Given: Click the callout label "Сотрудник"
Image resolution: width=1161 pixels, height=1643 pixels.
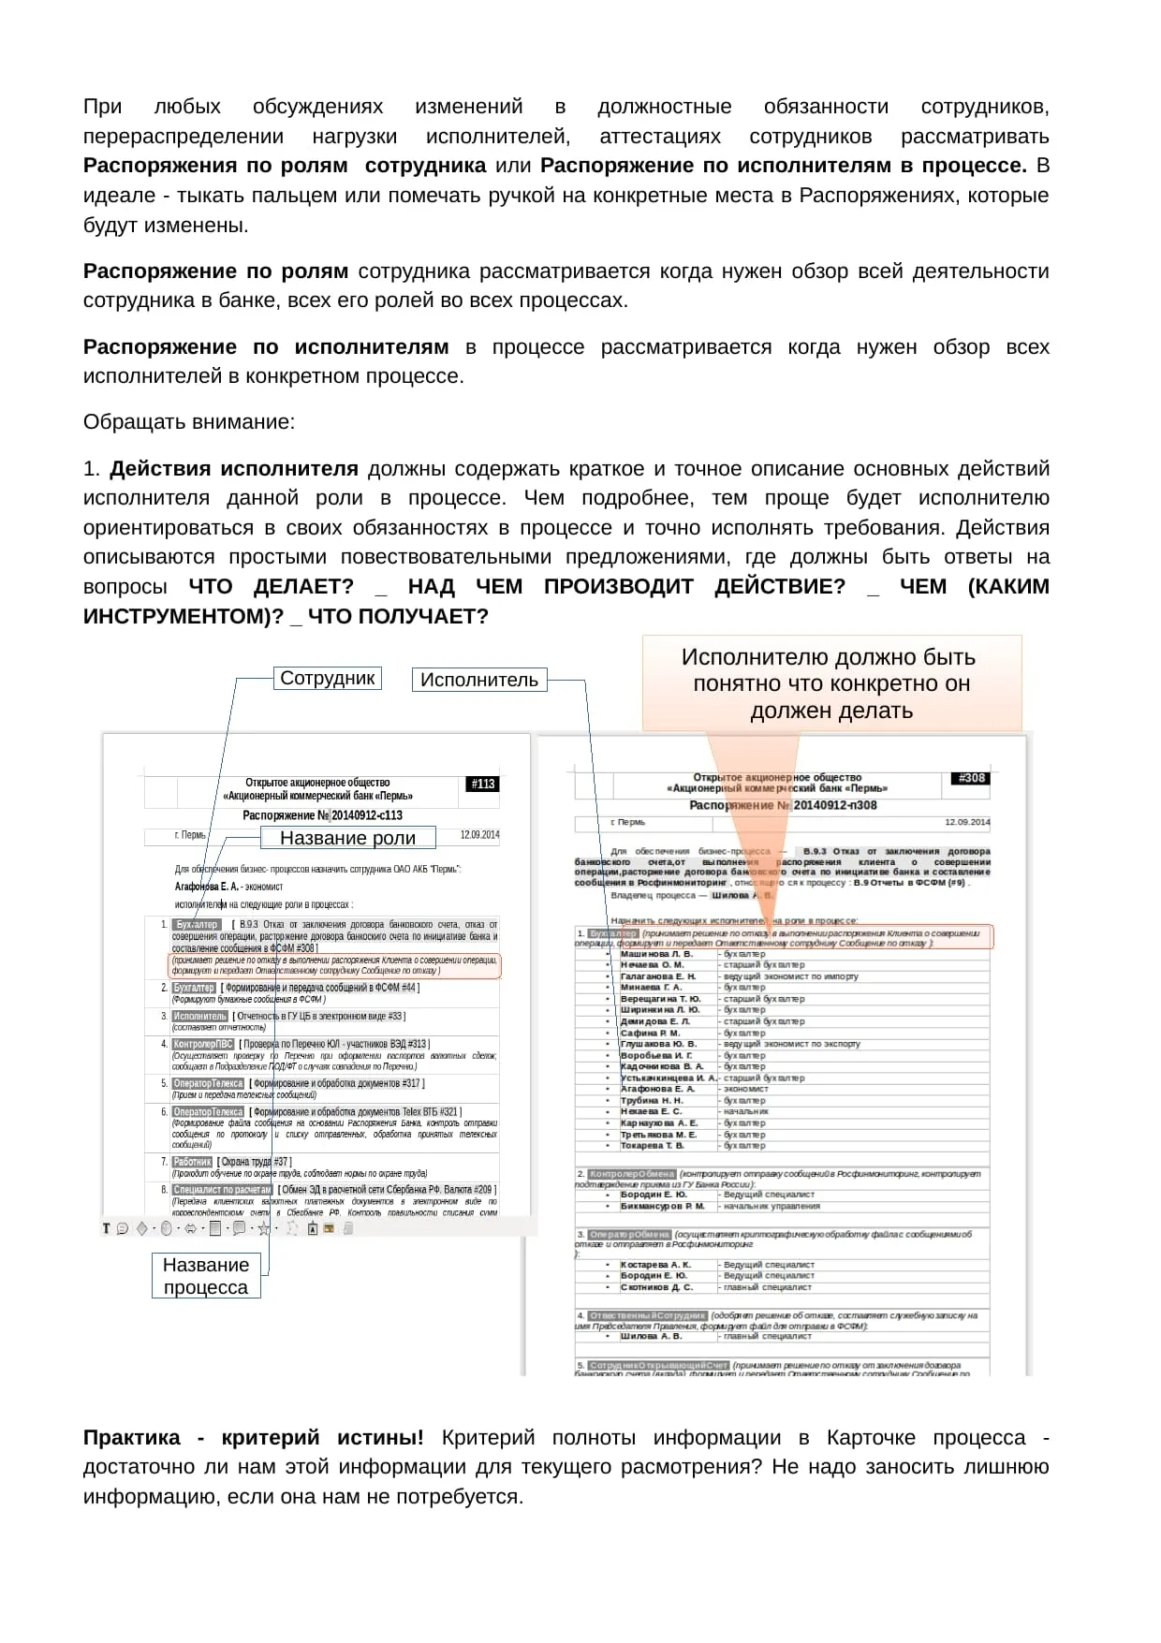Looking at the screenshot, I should tap(328, 678).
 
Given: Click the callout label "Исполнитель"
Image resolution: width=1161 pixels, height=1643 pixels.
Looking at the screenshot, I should tap(478, 680).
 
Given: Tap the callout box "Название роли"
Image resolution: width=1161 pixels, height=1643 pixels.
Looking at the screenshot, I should tap(347, 838).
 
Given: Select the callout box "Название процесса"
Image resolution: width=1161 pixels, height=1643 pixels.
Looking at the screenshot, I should tap(206, 1276).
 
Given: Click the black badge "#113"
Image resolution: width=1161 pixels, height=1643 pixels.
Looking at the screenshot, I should tap(483, 784).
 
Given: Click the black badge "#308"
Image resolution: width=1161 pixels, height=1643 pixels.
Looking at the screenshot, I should tap(972, 778).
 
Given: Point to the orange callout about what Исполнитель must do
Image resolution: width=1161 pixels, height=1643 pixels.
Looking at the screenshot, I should tap(830, 683).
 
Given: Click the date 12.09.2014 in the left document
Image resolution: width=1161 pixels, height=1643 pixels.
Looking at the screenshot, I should tap(479, 834).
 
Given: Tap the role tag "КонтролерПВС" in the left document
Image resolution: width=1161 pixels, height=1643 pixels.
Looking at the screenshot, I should tap(203, 1044).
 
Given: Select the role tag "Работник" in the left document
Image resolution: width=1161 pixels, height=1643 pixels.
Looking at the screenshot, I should tap(193, 1162).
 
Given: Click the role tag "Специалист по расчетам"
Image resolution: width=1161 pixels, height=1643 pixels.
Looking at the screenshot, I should tap(222, 1190).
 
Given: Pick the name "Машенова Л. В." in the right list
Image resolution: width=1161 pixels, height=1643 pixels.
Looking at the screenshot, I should tap(656, 954).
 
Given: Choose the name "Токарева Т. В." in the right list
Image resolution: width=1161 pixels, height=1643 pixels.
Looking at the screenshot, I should tap(653, 1145).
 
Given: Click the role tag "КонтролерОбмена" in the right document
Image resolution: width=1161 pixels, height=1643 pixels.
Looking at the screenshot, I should tap(632, 1173).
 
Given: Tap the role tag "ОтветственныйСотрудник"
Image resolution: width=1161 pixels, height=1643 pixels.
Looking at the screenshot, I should tap(647, 1315).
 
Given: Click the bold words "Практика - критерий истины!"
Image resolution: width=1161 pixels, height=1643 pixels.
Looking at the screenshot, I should tap(253, 1437).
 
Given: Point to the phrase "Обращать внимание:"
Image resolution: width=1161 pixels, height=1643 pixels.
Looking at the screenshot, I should tap(189, 422).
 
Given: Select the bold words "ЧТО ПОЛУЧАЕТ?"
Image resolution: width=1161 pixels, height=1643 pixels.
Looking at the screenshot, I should tap(398, 616).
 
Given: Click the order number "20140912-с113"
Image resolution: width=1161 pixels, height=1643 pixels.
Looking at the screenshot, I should tap(367, 815).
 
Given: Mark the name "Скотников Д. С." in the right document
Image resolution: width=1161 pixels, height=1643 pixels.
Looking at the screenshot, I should tap(656, 1287).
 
